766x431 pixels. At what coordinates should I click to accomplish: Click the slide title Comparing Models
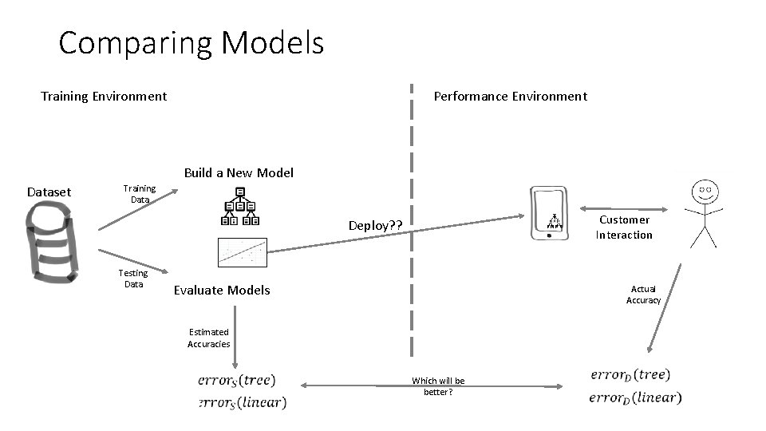point(191,43)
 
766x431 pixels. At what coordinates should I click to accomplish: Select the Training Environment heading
point(104,97)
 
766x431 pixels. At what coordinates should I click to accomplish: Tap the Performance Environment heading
point(510,97)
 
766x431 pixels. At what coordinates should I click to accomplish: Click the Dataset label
point(49,192)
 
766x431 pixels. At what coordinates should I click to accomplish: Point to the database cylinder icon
point(50,244)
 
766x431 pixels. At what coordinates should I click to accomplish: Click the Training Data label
point(140,194)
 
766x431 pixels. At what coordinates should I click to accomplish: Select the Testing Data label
point(133,279)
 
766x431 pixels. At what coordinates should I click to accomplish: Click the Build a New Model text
point(239,173)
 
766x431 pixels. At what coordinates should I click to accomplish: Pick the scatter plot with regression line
point(243,252)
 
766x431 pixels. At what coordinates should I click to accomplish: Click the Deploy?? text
point(374,226)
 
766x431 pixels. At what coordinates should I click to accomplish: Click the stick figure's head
point(705,191)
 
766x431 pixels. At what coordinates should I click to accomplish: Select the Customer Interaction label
point(624,227)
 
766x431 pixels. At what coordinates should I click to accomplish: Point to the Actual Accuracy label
point(643,295)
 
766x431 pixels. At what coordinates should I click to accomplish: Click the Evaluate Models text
point(222,291)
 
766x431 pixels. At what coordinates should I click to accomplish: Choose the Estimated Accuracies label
point(209,338)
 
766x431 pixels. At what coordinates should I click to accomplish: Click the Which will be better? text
point(438,386)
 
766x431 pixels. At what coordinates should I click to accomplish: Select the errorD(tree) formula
point(630,374)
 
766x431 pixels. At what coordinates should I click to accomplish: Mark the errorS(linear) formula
point(242,403)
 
